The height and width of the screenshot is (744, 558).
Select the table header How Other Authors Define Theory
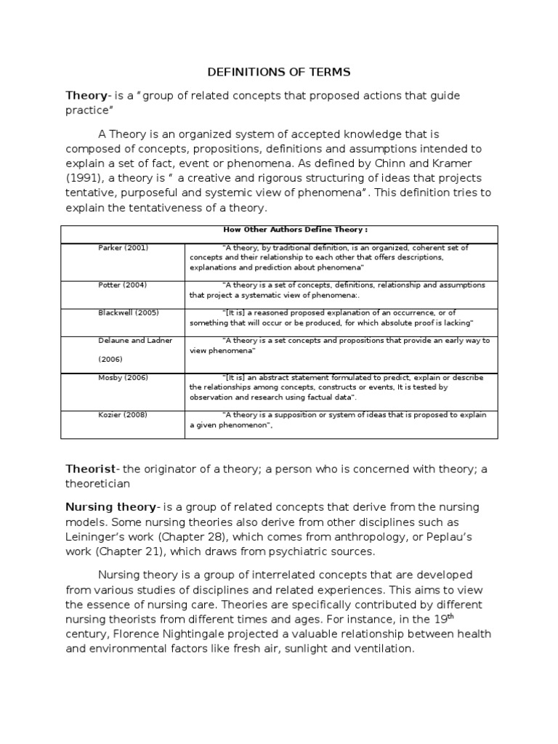coord(279,230)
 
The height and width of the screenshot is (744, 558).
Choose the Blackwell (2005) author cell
coord(128,312)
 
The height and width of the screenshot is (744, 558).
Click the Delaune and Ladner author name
coord(135,340)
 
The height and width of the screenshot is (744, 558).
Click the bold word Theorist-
coord(94,469)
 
